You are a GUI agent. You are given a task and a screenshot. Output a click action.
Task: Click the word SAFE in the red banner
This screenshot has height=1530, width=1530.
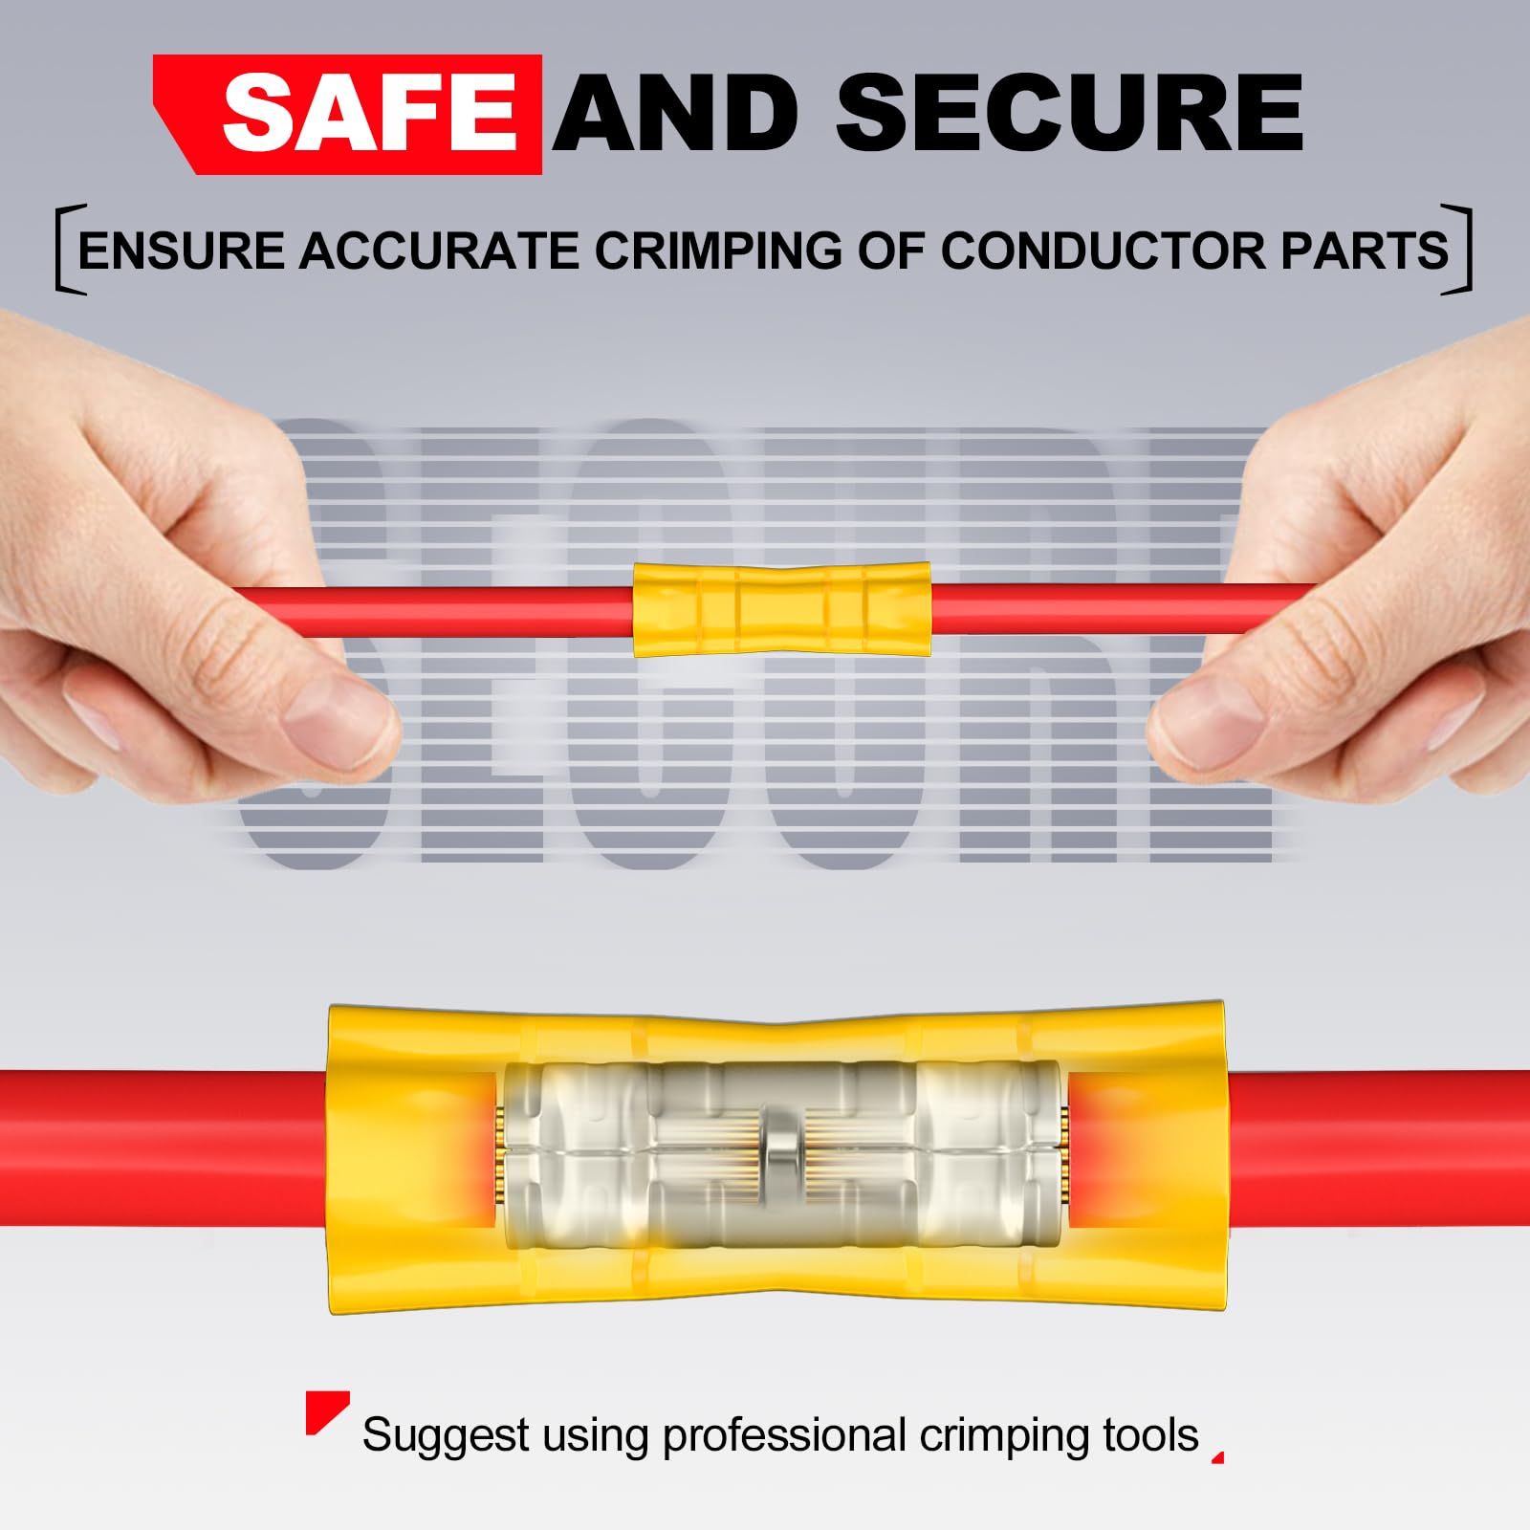coord(370,115)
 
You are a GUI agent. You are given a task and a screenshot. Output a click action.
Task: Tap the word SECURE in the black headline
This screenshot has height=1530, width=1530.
coord(1070,114)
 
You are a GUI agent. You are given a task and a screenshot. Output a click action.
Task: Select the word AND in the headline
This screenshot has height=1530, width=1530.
coord(676,114)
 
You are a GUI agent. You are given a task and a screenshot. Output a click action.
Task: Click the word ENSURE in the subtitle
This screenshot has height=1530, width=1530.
coord(182,251)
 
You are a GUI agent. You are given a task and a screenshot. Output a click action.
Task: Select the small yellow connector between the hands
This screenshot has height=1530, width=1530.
coord(782,609)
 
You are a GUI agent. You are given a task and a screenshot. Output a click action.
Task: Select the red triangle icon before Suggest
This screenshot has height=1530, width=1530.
coord(325,1411)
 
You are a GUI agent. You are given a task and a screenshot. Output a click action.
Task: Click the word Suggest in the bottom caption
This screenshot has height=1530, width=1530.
coord(446,1437)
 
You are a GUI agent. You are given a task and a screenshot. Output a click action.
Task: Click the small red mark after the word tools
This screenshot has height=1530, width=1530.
coord(1219,1458)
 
